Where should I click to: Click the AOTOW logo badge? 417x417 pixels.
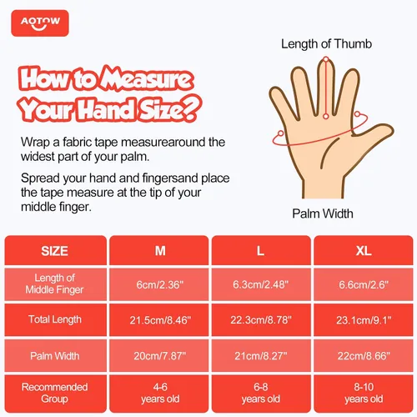40,23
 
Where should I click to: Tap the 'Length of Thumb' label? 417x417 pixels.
326,44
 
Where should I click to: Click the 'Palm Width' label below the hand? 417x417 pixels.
323,214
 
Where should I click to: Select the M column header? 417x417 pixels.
159,250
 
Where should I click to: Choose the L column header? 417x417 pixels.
261,250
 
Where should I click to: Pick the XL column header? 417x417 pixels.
364,250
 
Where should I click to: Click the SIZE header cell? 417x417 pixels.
55,250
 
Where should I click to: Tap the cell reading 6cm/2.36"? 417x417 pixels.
159,284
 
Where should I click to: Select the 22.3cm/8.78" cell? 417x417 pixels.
261,320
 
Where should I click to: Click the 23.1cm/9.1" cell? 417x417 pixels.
364,320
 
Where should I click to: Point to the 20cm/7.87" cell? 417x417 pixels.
159,355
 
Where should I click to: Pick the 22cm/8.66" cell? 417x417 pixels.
364,355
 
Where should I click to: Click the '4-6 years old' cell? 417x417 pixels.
159,394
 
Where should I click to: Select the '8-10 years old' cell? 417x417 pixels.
364,394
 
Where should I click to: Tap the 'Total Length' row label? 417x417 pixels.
55,319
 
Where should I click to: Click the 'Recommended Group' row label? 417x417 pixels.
55,393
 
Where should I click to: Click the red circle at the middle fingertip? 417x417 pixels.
326,59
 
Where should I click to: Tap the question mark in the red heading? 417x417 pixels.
191,108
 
